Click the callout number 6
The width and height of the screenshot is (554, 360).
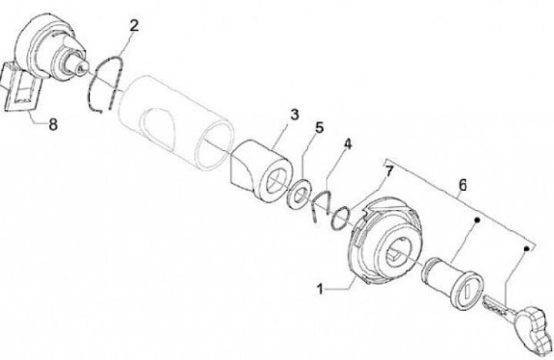[462, 185]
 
